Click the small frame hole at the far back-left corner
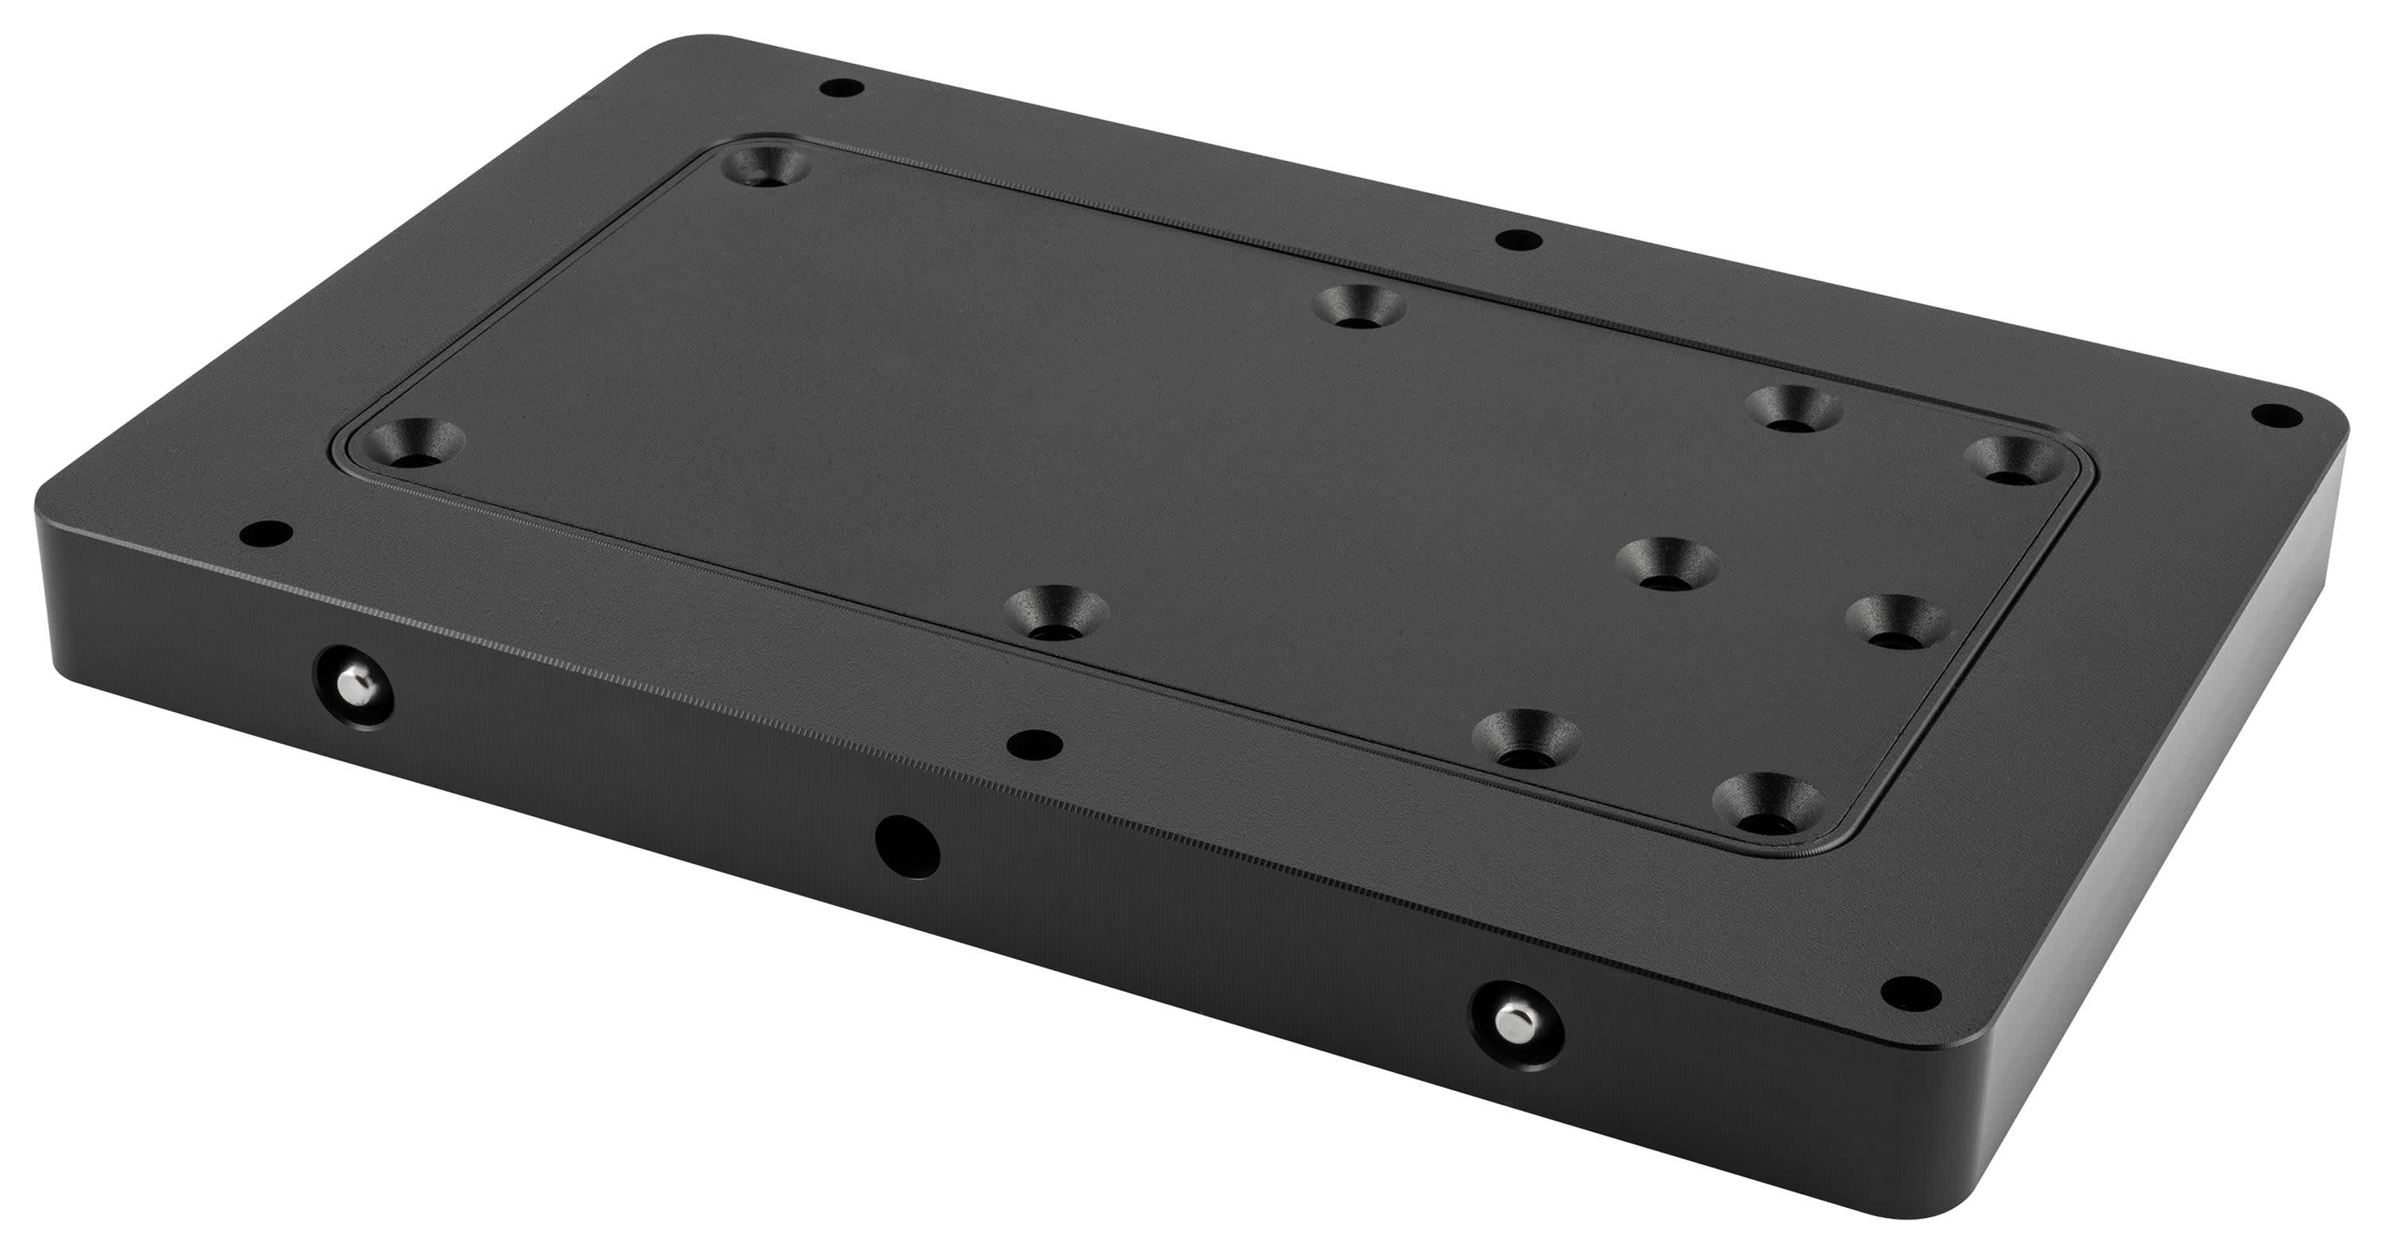click(842, 91)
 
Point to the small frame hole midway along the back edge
click(1519, 242)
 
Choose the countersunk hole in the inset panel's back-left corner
click(764, 167)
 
